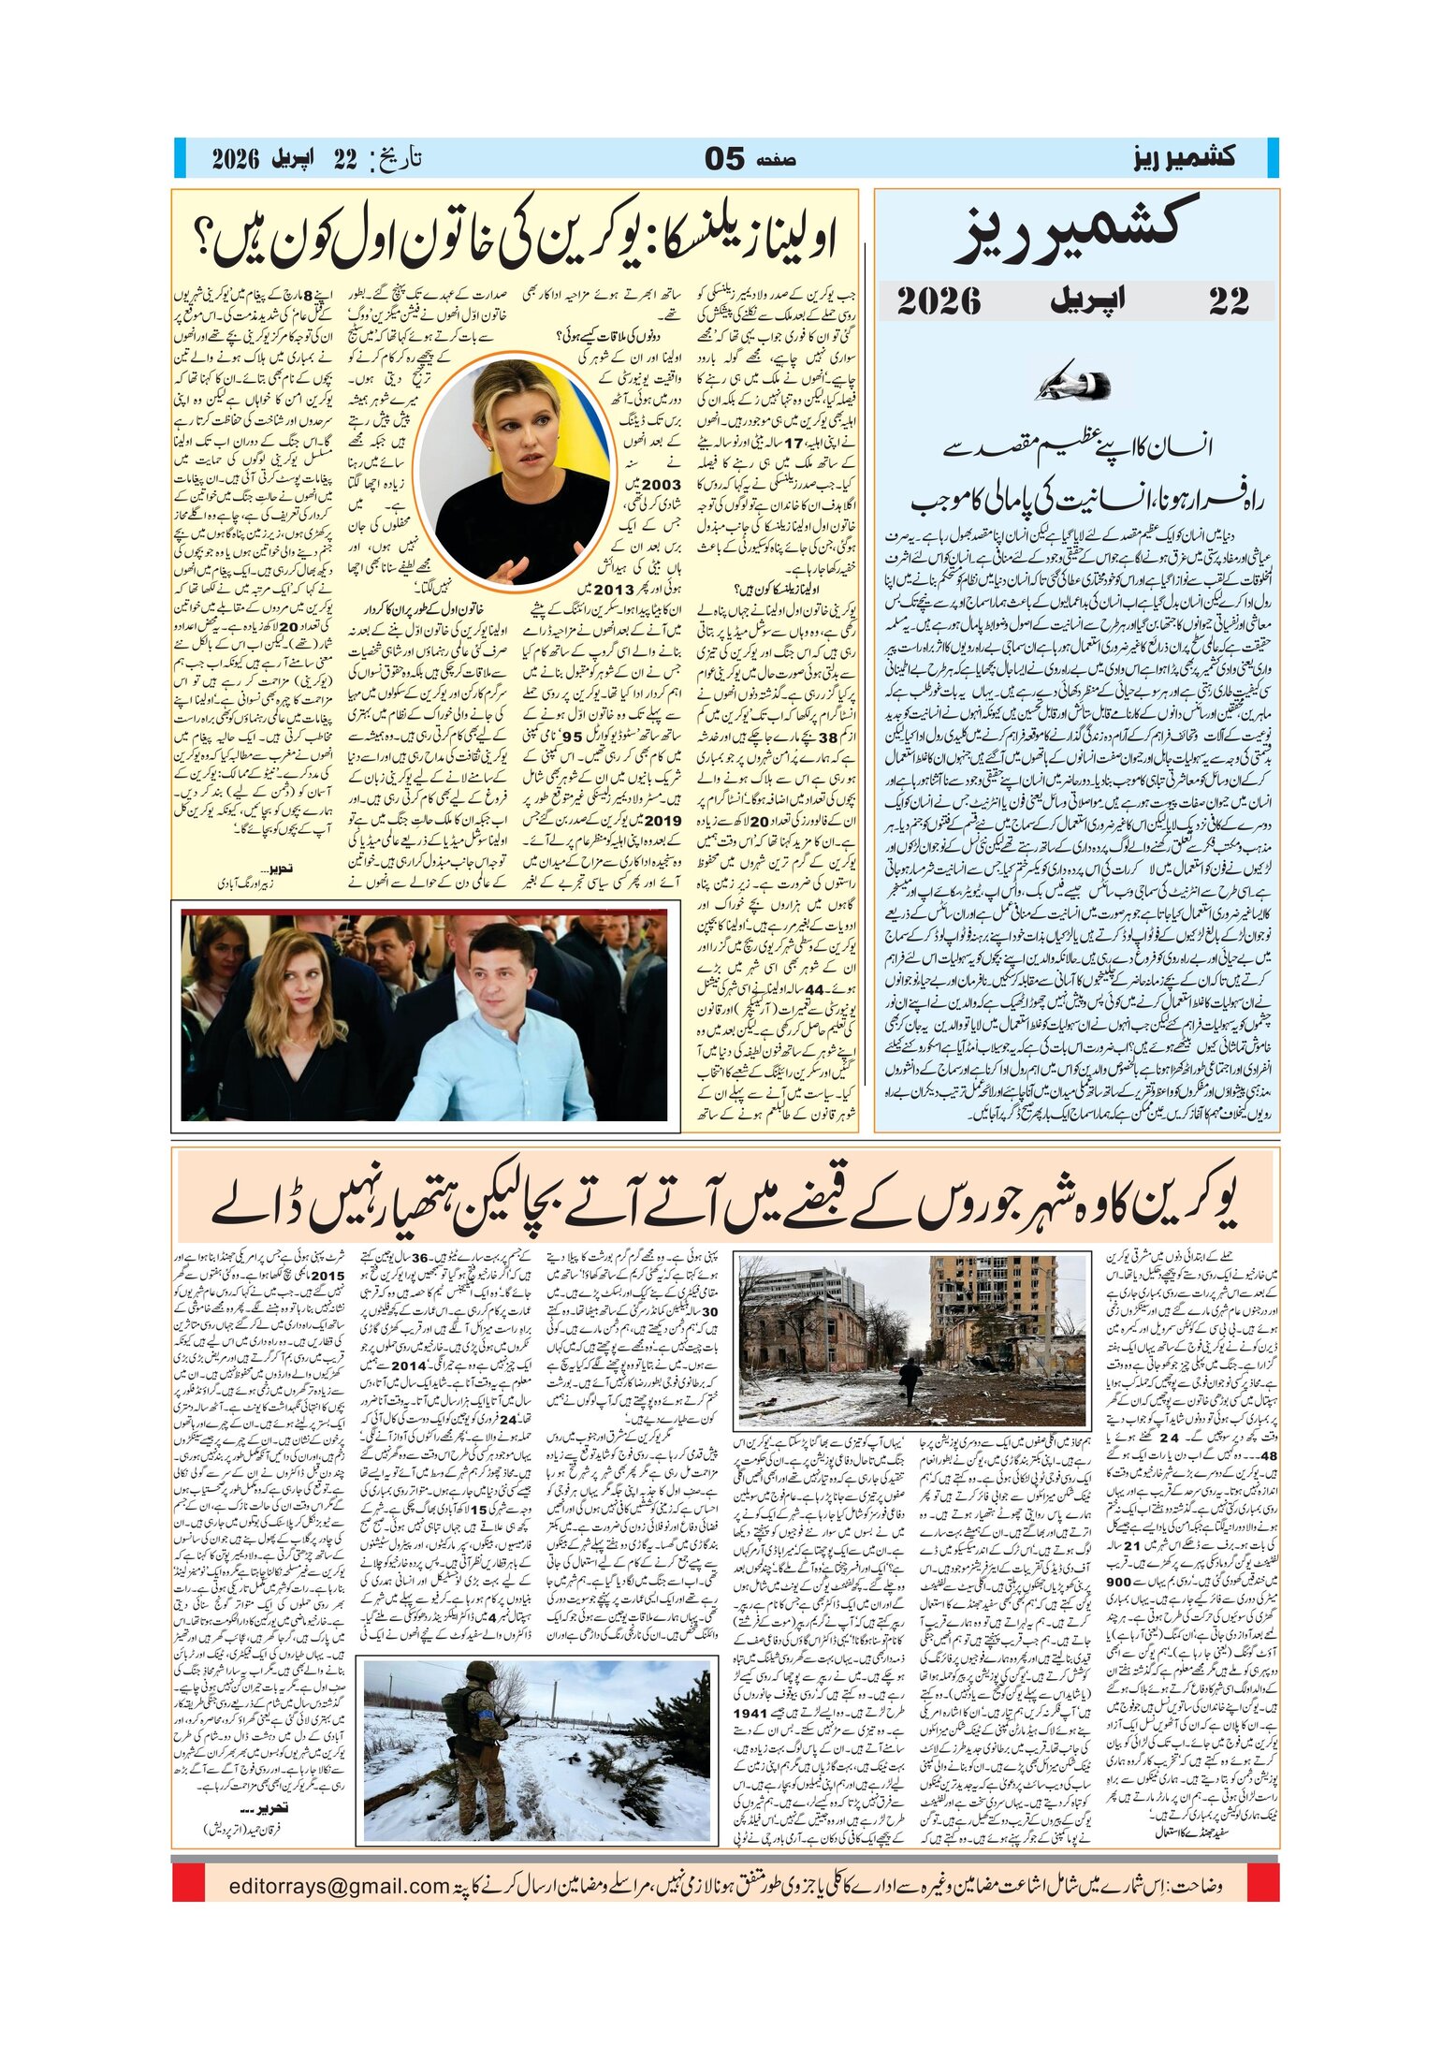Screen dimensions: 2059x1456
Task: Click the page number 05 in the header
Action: (724, 159)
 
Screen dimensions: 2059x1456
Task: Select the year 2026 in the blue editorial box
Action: (939, 301)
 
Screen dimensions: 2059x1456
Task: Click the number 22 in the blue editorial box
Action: (1229, 301)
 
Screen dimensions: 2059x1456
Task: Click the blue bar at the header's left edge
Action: (180, 158)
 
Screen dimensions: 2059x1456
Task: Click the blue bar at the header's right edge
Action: (1273, 158)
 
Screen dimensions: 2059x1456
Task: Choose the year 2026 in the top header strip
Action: (235, 158)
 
